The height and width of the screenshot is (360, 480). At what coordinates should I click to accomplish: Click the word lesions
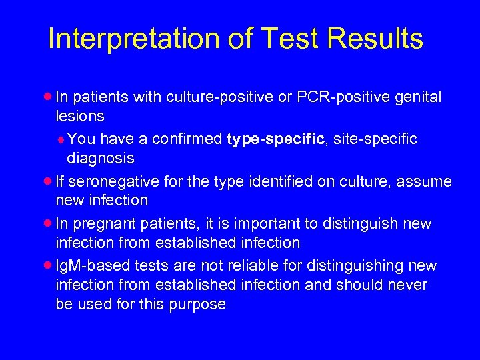pyautogui.click(x=80, y=116)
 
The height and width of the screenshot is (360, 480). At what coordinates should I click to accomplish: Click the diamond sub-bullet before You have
pyautogui.click(x=61, y=139)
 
